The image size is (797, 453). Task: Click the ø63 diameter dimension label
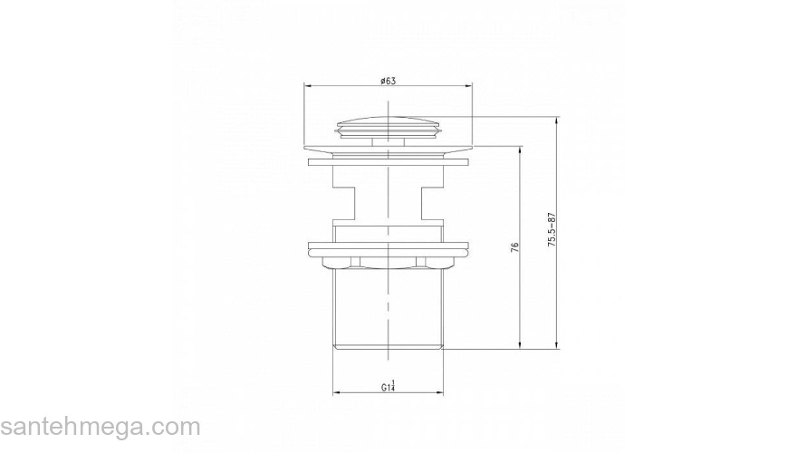point(388,81)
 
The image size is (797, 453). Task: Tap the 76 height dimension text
point(514,247)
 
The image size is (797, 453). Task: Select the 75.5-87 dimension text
point(552,230)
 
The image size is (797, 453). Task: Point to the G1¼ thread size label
point(389,386)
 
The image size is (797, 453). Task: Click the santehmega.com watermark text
point(101,427)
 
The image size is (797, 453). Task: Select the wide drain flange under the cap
point(388,148)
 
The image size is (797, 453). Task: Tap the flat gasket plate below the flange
point(388,162)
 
